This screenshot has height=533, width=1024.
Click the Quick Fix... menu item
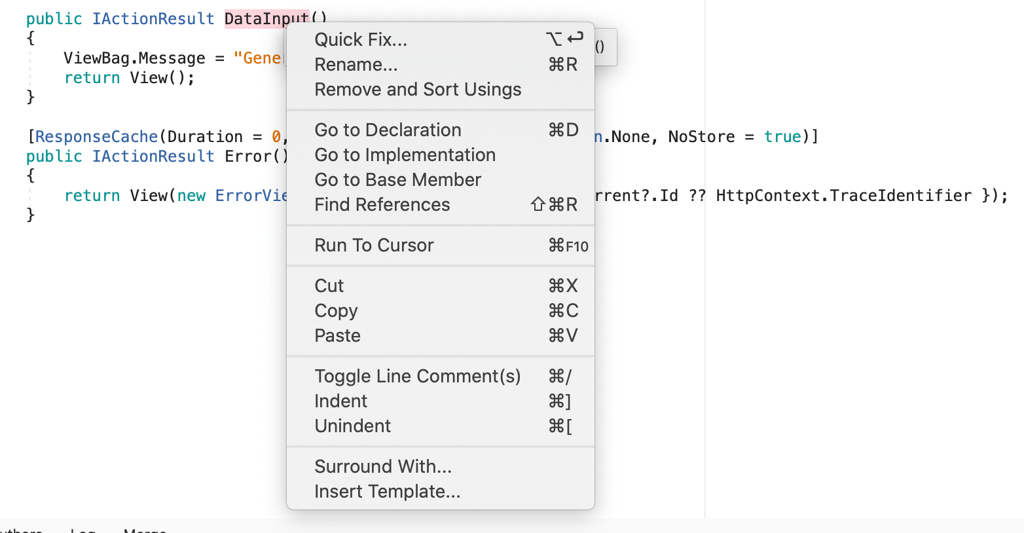361,40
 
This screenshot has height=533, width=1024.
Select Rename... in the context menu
356,65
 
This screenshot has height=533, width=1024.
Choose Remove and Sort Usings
418,90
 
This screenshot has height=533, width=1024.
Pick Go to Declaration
388,130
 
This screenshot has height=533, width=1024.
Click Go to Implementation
405,155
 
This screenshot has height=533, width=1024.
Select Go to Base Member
397,180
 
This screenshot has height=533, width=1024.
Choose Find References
382,205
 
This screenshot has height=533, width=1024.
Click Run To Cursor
374,246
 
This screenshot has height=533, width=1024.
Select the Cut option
329,286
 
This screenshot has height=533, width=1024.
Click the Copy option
336,311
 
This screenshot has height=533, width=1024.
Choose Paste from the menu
337,336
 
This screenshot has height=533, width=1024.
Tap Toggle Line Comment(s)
417,377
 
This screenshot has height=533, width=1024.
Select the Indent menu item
340,401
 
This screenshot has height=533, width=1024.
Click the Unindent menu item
352,426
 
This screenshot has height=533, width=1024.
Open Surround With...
383,467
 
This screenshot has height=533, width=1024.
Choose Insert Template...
387,492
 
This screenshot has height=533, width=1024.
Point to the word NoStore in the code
701,137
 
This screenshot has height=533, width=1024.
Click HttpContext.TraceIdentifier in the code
843,196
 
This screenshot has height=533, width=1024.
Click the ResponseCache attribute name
96,137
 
